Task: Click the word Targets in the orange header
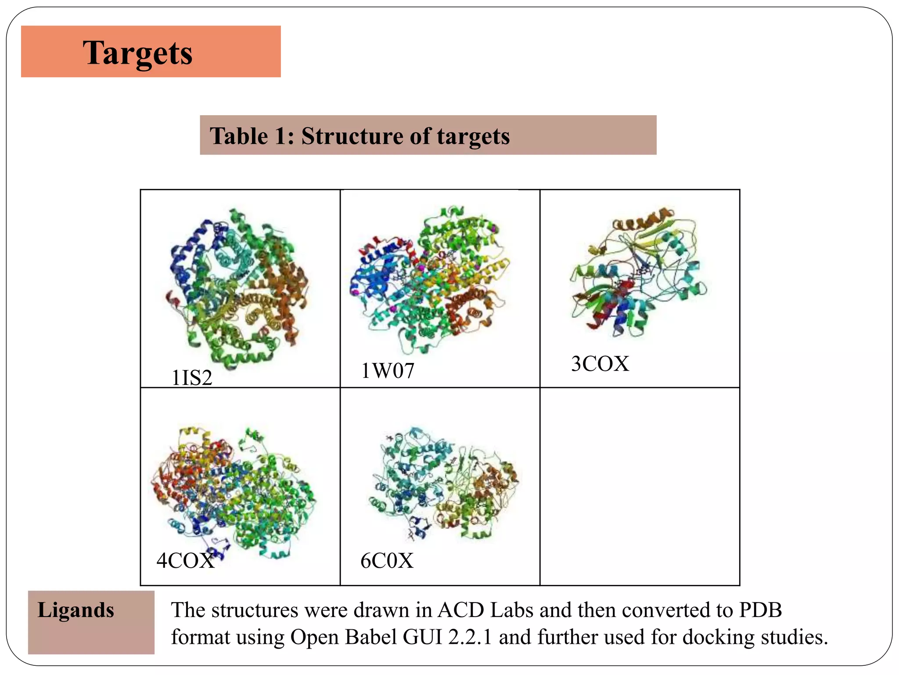[x=137, y=53]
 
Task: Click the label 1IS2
[x=192, y=378]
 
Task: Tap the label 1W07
[x=388, y=371]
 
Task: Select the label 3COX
[x=600, y=364]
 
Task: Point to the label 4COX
[x=185, y=561]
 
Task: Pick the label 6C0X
[x=387, y=561]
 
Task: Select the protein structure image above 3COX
[x=639, y=272]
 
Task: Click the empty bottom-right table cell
[x=640, y=486]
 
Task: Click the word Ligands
[x=76, y=610]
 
